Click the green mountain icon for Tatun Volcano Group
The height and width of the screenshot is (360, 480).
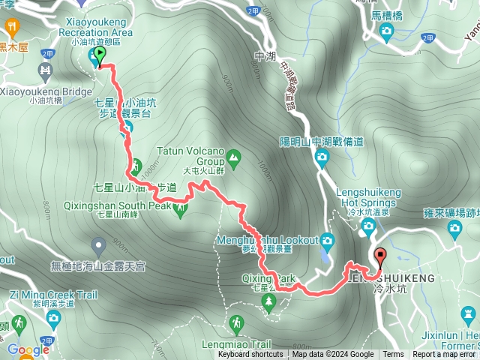(x=233, y=157)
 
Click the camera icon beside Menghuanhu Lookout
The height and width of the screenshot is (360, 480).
(x=327, y=241)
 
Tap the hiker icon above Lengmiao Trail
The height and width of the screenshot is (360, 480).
(x=237, y=323)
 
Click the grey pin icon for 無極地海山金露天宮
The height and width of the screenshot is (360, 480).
(x=98, y=244)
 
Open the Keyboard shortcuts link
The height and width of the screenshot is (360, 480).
(x=250, y=355)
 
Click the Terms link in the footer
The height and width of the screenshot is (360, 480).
(x=392, y=355)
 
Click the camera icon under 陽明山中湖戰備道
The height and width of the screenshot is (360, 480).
(x=322, y=157)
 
